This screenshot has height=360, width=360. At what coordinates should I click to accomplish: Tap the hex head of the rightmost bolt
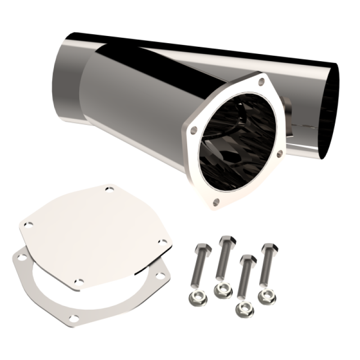point(269,248)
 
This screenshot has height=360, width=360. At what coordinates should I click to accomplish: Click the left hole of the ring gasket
point(20,257)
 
